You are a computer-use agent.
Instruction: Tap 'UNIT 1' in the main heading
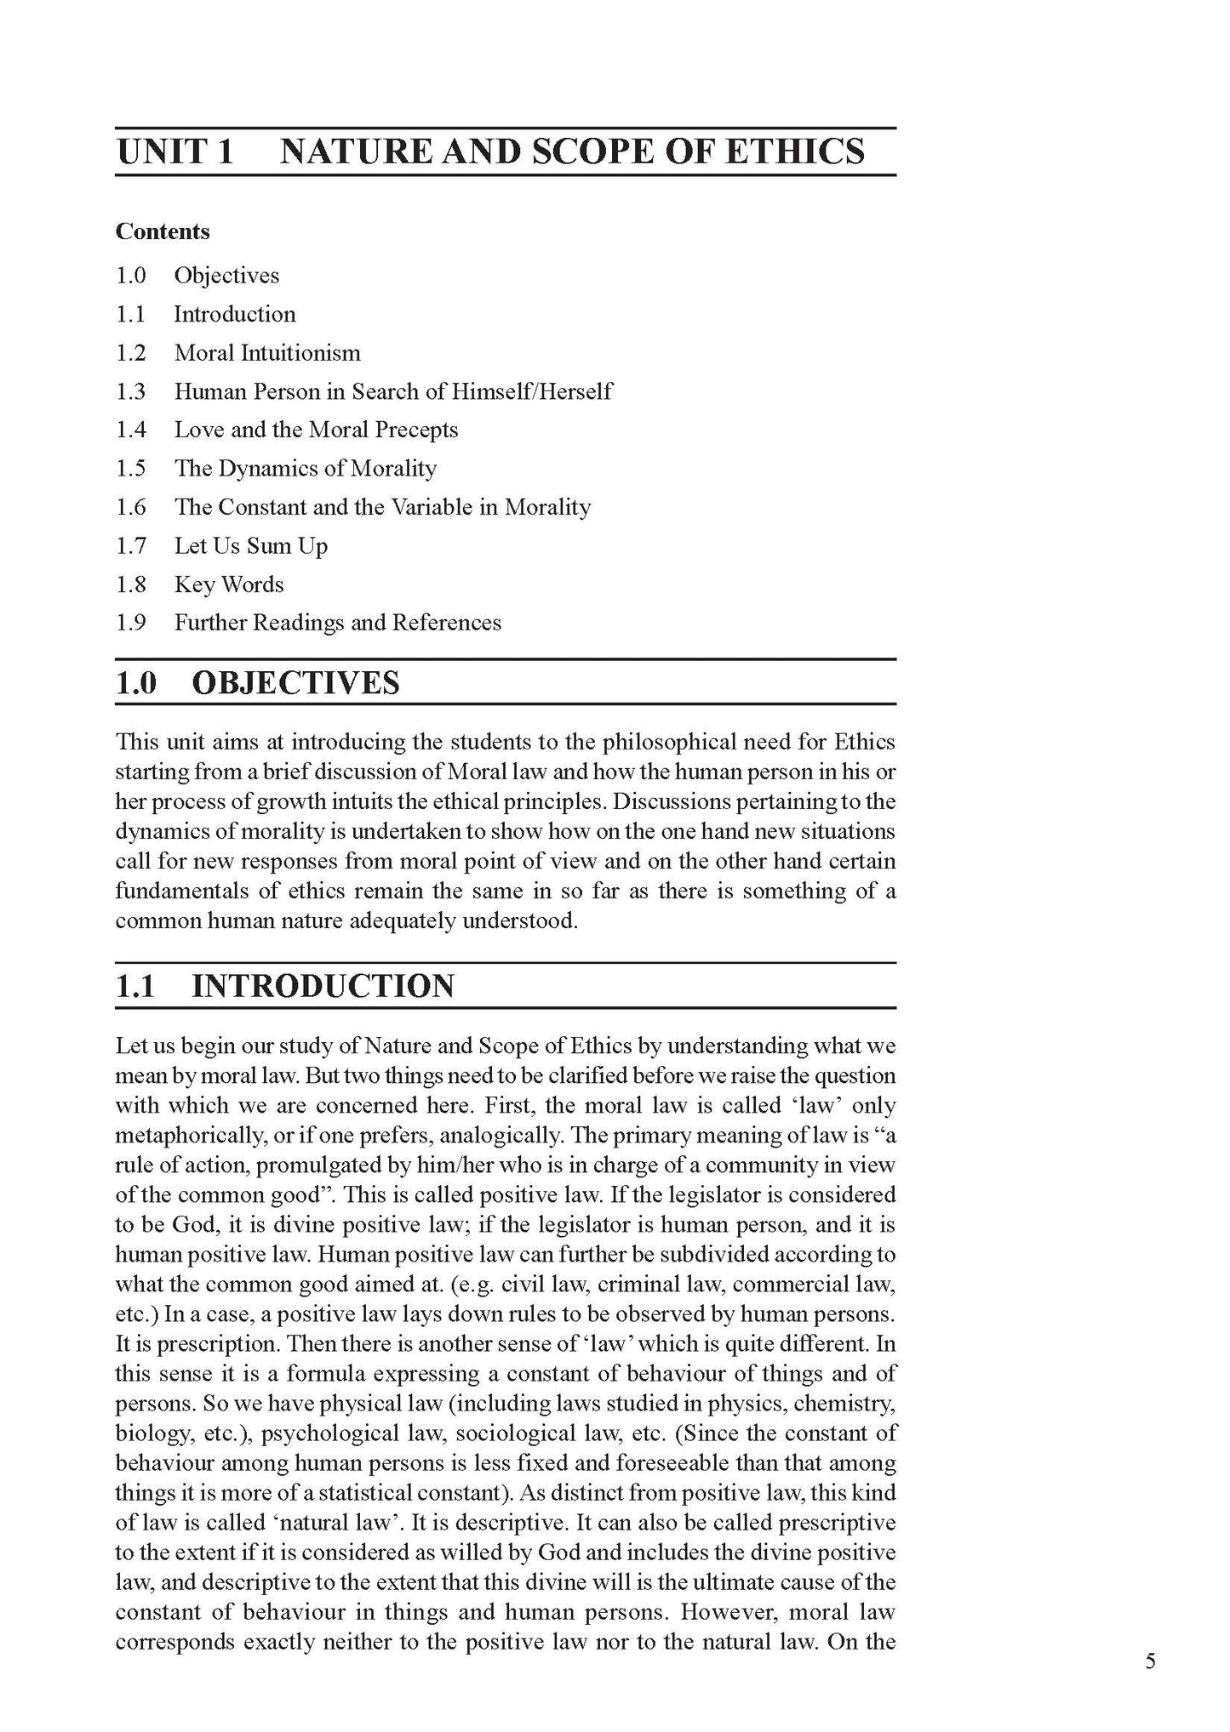(174, 151)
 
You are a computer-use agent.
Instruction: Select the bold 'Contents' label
(163, 231)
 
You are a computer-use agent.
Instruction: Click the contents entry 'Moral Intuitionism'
(267, 352)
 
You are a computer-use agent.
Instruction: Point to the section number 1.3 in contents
(131, 391)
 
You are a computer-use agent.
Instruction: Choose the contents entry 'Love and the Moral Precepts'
(316, 430)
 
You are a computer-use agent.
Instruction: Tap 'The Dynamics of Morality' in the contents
(306, 468)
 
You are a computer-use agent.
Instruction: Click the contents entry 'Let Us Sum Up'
(251, 545)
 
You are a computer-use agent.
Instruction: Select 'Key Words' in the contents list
(229, 584)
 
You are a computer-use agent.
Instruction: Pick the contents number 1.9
(131, 623)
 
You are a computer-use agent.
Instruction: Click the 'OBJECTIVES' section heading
(295, 683)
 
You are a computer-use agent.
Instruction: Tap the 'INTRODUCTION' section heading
(323, 986)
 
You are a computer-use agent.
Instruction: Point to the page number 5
(1151, 1661)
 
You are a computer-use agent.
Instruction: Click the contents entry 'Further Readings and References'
(338, 623)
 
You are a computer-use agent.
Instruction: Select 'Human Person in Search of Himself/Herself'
(393, 391)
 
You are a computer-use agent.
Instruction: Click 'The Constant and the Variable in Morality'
(382, 507)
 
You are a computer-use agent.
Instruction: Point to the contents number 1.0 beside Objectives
(131, 275)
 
